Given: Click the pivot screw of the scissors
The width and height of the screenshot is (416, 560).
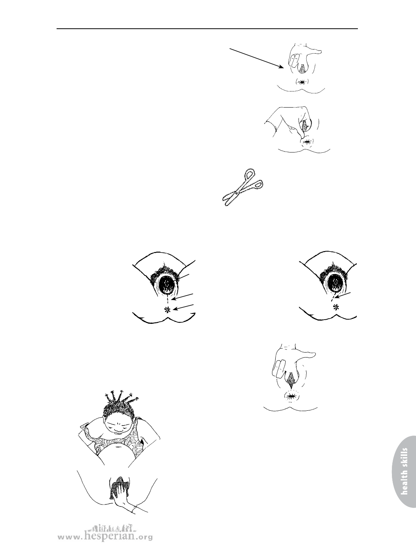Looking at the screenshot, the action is [236, 193].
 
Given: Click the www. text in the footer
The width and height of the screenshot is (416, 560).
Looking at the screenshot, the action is [70, 544].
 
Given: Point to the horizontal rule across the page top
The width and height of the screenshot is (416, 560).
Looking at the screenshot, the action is [207, 29].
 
